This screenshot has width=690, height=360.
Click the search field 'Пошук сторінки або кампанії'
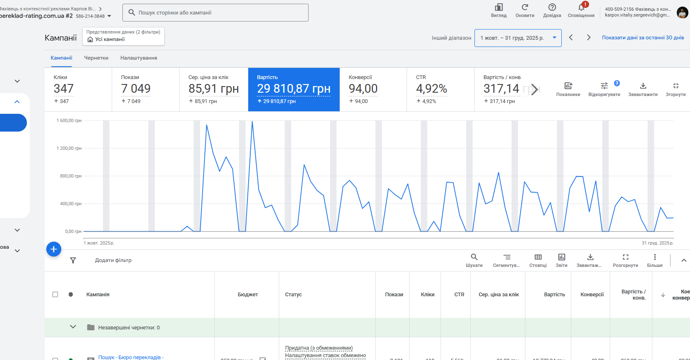(x=215, y=13)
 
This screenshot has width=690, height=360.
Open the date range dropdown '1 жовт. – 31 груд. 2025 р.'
(x=517, y=38)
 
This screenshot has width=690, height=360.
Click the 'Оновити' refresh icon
(x=525, y=7)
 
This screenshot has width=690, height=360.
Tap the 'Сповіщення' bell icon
(x=581, y=7)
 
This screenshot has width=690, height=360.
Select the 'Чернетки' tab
(x=96, y=58)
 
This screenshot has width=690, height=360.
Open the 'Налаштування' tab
(x=139, y=58)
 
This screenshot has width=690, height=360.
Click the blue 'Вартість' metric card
(x=294, y=89)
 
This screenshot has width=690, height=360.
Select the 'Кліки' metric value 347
(x=64, y=89)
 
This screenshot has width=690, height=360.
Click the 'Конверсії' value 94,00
(x=363, y=89)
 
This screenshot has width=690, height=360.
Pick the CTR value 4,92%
(x=431, y=89)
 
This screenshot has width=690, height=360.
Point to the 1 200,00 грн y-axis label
(x=69, y=148)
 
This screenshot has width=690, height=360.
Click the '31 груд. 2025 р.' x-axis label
(x=657, y=243)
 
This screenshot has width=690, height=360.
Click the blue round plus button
(x=54, y=249)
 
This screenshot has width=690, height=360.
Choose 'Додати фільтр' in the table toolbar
(x=113, y=260)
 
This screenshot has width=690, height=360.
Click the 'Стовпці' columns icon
(x=538, y=260)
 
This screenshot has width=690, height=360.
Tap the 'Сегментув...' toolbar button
(x=506, y=260)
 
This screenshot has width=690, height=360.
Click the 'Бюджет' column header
(x=247, y=295)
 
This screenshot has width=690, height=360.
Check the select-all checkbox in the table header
(x=55, y=295)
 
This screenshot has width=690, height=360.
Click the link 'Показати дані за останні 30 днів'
(x=642, y=38)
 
